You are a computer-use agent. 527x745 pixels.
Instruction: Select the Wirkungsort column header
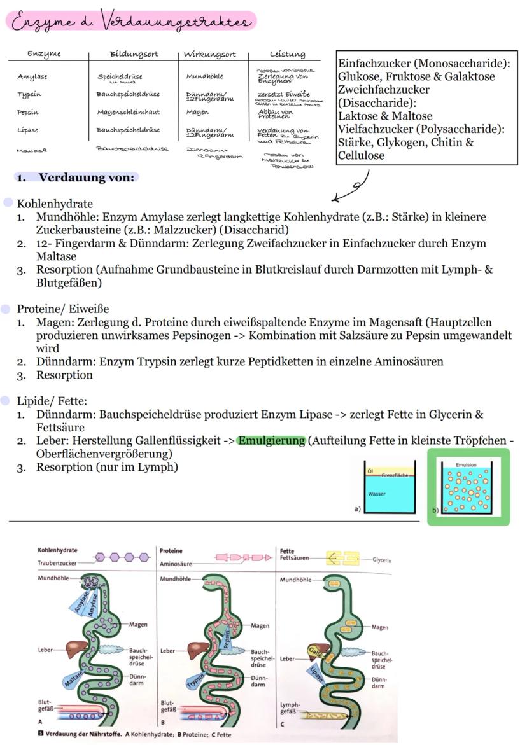point(209,54)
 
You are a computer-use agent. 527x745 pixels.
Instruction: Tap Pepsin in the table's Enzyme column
point(28,112)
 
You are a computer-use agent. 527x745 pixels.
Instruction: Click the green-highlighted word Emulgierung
point(272,441)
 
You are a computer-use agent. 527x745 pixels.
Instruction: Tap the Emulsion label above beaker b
point(467,465)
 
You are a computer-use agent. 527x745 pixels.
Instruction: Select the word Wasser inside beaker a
point(377,493)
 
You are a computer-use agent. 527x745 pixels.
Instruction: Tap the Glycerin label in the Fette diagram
point(382,560)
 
